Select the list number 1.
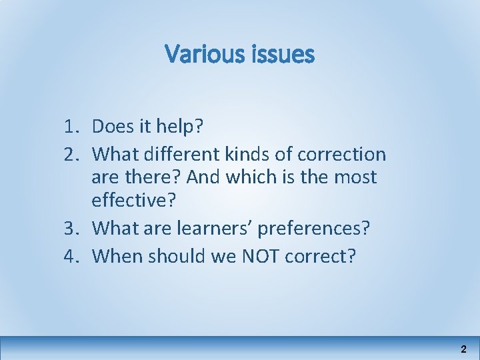[73, 126]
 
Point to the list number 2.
[73, 154]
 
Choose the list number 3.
[73, 229]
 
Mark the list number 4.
[73, 255]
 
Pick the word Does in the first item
[113, 126]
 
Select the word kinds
[253, 154]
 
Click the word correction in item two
[341, 154]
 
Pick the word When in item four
[113, 255]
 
